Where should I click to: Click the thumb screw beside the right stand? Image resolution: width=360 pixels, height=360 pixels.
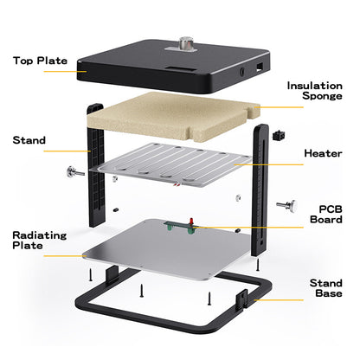(285, 206)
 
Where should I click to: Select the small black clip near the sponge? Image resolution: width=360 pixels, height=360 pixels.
(279, 136)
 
